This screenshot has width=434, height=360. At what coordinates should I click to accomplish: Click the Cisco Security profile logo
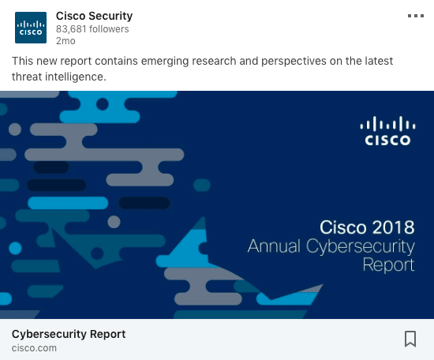point(31,28)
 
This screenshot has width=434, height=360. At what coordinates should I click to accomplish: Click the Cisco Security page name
point(94,16)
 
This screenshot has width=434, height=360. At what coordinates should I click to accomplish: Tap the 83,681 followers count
point(92,29)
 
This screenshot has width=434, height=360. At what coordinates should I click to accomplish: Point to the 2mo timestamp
point(65,41)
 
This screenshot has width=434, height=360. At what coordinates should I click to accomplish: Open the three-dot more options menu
point(416,16)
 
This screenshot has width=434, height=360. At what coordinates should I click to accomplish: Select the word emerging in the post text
point(165,62)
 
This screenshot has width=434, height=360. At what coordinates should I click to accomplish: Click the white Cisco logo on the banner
point(387,131)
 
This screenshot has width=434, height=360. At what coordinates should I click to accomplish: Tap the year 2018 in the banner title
point(393,227)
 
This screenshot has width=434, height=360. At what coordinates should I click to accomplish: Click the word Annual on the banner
point(274,246)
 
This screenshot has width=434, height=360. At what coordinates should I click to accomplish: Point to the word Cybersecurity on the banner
point(361,247)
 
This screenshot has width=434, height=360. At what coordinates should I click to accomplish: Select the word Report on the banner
point(388,265)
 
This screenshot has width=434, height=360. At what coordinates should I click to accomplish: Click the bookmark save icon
point(410,339)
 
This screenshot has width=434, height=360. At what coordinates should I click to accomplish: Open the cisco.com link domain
point(34,348)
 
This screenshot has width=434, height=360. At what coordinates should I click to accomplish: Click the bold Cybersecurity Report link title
point(69,334)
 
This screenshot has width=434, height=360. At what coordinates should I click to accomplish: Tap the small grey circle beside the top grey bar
point(15,129)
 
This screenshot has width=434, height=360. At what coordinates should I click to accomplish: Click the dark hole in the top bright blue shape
point(103,104)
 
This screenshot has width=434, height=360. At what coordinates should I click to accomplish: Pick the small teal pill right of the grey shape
point(202,185)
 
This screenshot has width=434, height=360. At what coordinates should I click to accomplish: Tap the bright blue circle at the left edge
point(15,248)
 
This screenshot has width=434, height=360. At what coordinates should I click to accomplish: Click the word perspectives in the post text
point(294,62)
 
